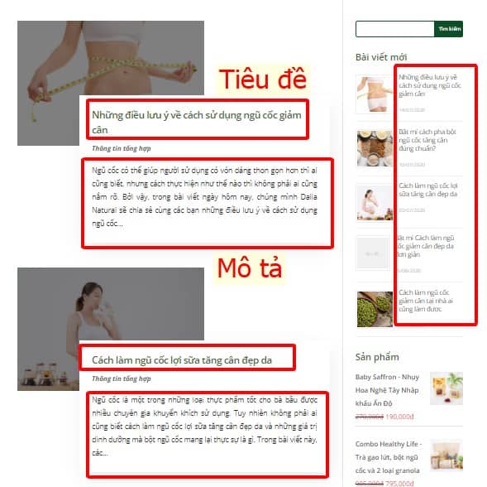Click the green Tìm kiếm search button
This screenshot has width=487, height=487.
(449, 29)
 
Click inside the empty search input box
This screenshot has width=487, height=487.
(394, 29)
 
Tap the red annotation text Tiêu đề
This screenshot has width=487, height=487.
(262, 80)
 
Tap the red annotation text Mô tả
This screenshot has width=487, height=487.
(250, 268)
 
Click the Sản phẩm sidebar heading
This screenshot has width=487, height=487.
(377, 357)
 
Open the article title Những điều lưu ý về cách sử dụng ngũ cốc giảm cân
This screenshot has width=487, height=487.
(197, 122)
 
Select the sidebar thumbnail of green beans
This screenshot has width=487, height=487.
(374, 308)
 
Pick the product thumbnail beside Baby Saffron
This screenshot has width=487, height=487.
(446, 388)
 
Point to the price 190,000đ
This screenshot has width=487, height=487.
(399, 417)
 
